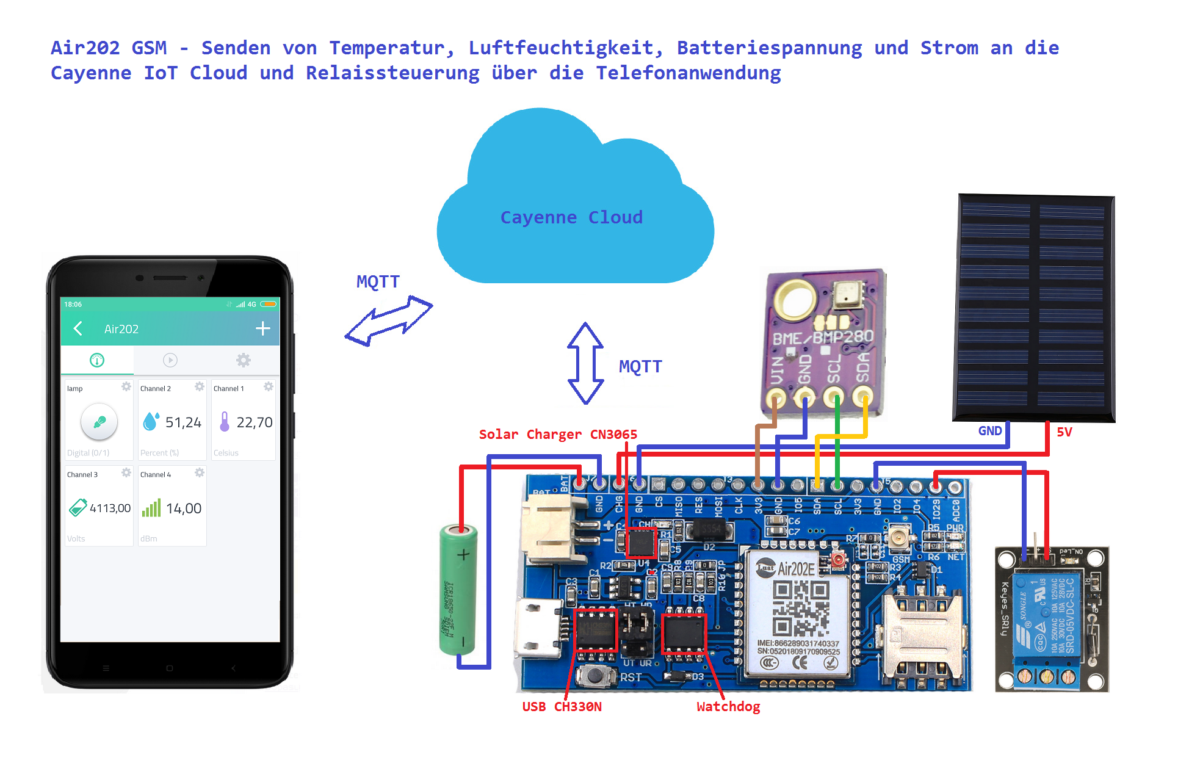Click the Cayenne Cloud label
point(571,217)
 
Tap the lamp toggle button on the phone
point(99,421)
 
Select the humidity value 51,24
point(183,422)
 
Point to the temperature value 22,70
point(255,422)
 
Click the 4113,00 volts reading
point(110,508)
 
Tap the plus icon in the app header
point(262,328)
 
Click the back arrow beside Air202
point(78,328)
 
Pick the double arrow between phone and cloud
point(389,320)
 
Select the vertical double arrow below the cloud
point(585,363)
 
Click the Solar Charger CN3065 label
point(558,434)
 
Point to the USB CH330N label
point(562,706)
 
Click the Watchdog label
point(728,706)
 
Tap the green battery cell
point(458,590)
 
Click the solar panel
point(1034,308)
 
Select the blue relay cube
point(1047,617)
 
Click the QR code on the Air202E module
point(801,607)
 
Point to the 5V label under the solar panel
point(1064,432)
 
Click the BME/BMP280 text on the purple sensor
point(823,337)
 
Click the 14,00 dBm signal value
point(184,508)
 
